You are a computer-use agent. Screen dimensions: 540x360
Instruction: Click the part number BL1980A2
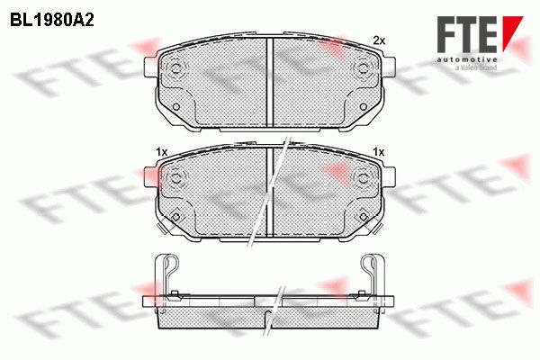point(52,21)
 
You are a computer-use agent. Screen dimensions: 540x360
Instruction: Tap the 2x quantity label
point(379,41)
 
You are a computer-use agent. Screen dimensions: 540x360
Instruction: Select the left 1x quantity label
point(161,152)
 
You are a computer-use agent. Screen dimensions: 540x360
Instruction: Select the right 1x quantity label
point(379,152)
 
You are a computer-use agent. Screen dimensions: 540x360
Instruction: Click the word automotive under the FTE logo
point(466,60)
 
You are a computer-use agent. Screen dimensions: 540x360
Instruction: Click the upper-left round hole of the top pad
point(176,67)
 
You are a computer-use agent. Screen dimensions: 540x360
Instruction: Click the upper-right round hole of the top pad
point(363,67)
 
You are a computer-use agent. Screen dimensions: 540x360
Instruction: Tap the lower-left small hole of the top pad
point(176,106)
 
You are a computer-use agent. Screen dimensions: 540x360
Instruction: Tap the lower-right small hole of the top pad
point(363,106)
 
